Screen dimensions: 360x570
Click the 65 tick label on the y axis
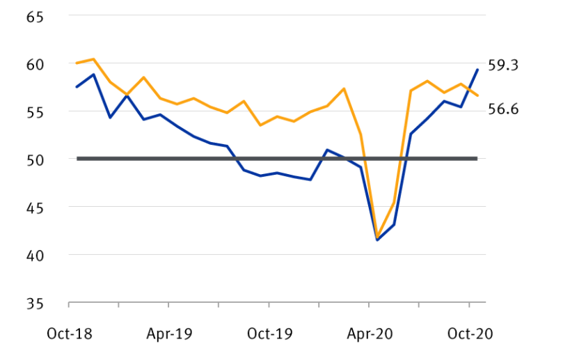point(35,16)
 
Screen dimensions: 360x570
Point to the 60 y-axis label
point(35,64)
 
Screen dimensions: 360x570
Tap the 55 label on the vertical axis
point(35,111)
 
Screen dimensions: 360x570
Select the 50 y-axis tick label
point(35,159)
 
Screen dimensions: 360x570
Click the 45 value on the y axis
point(35,208)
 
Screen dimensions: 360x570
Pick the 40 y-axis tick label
point(35,256)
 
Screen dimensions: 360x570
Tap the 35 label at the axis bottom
point(35,304)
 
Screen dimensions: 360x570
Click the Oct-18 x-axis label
point(69,334)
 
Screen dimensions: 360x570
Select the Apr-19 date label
point(169,334)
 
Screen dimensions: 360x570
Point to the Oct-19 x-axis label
point(269,334)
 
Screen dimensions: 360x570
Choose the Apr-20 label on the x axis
point(370,334)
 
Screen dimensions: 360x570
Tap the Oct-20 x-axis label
point(470,334)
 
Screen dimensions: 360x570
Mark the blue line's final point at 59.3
point(477,70)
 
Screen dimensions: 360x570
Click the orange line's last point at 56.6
point(477,95)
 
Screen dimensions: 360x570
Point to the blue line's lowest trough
point(377,240)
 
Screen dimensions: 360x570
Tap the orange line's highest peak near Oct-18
point(93,59)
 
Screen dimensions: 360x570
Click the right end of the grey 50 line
point(477,159)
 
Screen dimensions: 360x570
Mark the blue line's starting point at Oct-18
point(77,87)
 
